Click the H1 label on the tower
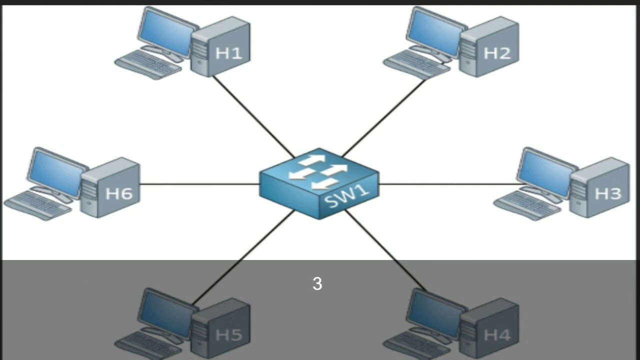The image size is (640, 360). [x=228, y=53]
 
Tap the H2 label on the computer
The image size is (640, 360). [x=497, y=53]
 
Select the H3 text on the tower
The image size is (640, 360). [x=607, y=193]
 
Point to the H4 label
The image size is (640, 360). [x=497, y=334]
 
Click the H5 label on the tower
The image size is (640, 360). [x=228, y=334]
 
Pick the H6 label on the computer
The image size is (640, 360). [x=119, y=193]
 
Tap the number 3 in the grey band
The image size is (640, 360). [x=317, y=284]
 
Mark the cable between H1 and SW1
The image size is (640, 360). [x=252, y=116]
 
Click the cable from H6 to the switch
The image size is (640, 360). [x=200, y=184]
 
